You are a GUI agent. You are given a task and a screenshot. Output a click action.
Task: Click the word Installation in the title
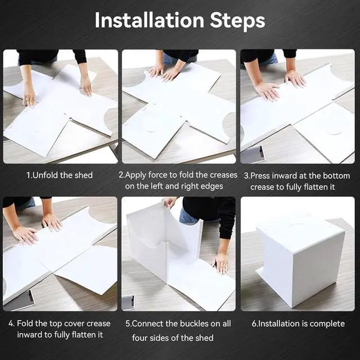pyautogui.click(x=150, y=20)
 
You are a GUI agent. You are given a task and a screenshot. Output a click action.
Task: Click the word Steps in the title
pyautogui.click(x=237, y=21)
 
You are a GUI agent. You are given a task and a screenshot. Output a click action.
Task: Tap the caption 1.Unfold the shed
pyautogui.click(x=60, y=175)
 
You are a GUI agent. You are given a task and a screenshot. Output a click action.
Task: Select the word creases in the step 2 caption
pyautogui.click(x=223, y=175)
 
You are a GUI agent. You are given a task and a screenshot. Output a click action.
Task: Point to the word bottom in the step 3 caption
pyautogui.click(x=336, y=176)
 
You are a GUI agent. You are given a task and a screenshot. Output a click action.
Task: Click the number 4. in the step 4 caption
pyautogui.click(x=11, y=323)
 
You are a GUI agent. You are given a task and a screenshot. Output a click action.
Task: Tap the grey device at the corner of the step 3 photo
pyautogui.click(x=253, y=155)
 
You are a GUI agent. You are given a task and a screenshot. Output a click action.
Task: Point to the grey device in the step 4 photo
pyautogui.click(x=19, y=300)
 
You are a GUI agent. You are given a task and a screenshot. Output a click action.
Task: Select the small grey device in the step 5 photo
pyautogui.click(x=128, y=302)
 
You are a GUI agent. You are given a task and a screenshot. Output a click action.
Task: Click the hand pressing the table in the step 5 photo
pyautogui.click(x=220, y=263)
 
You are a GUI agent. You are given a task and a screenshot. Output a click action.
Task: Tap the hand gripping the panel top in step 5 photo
pyautogui.click(x=169, y=202)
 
